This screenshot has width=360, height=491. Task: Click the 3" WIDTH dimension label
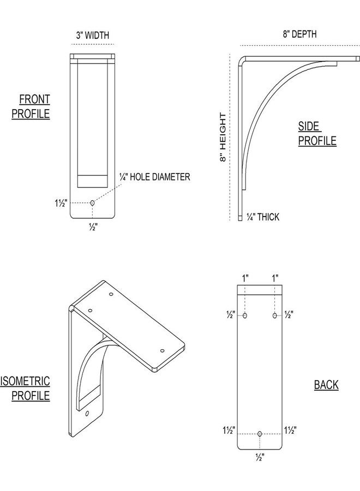(x=93, y=35)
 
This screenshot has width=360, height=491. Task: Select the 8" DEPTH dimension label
(x=299, y=34)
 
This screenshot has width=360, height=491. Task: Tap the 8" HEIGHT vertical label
(x=223, y=137)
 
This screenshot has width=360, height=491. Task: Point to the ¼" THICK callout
(x=263, y=217)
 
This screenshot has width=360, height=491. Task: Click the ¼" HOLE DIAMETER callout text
(x=155, y=177)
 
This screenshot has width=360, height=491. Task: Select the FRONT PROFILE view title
(x=31, y=106)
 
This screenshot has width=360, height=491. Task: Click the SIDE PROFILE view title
(x=317, y=134)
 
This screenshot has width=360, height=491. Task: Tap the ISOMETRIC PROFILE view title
(x=25, y=388)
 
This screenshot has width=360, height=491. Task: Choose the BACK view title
(x=326, y=385)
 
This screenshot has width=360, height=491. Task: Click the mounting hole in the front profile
(x=92, y=203)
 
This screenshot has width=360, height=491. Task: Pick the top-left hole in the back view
(x=245, y=315)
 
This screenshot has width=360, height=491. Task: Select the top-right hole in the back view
(x=274, y=315)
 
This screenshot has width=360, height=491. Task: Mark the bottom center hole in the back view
(x=260, y=434)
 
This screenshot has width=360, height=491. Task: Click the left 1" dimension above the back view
(x=245, y=278)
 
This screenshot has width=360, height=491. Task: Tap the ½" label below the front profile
(x=93, y=227)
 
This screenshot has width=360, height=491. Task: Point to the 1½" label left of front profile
(x=61, y=203)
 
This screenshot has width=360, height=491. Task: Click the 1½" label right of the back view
(x=290, y=430)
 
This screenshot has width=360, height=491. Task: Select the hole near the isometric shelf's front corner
(x=162, y=350)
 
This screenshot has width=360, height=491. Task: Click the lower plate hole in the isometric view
(x=87, y=414)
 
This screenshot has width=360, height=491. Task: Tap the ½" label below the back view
(x=260, y=458)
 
